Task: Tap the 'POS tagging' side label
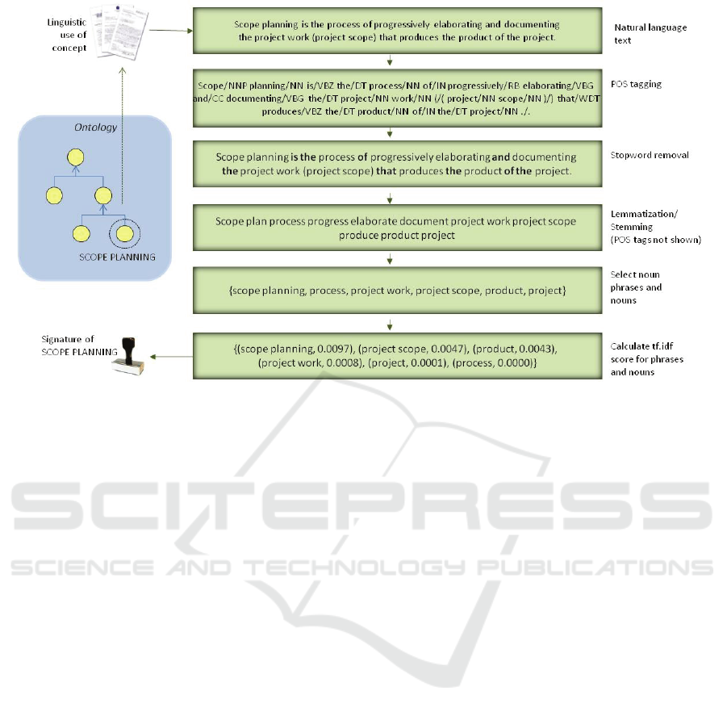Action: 637,83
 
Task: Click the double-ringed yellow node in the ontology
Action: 123,234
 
